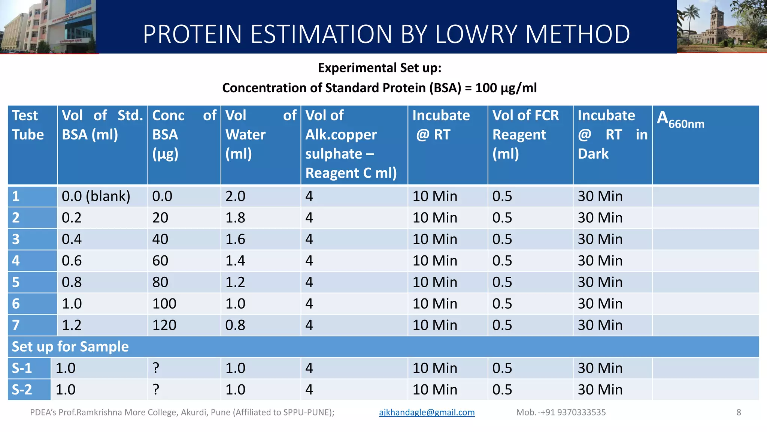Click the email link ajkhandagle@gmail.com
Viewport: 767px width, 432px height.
click(x=427, y=412)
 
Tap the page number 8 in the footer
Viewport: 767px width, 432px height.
click(x=739, y=412)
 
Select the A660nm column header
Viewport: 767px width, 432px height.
click(x=680, y=119)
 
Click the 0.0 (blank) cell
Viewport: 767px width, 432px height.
click(x=96, y=196)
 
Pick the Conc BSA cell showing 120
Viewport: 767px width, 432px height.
click(x=164, y=325)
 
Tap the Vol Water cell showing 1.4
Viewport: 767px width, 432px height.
click(x=235, y=261)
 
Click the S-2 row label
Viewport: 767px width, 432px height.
click(x=22, y=390)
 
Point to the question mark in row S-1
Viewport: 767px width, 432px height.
click(x=156, y=368)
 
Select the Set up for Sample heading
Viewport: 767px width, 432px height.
click(x=70, y=347)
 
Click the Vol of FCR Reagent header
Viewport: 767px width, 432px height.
click(x=525, y=134)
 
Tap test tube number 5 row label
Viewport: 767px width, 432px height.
click(x=16, y=282)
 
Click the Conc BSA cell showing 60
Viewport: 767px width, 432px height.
click(x=160, y=261)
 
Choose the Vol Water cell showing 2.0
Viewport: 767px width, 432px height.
click(x=235, y=196)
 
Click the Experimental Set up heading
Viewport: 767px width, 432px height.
click(x=379, y=68)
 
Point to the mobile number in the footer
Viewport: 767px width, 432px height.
click(x=561, y=412)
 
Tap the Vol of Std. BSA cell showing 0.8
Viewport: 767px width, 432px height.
click(x=72, y=282)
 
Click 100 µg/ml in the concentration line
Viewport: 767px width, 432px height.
click(x=506, y=88)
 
